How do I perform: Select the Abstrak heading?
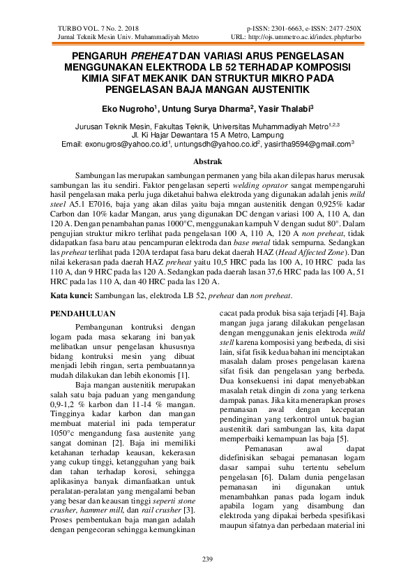point(207,161)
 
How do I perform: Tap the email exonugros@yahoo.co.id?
point(126,143)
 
